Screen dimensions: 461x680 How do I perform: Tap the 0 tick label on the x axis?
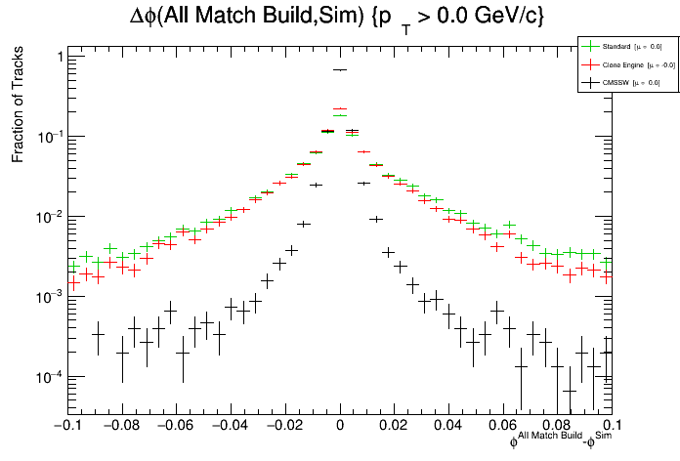[x=340, y=426]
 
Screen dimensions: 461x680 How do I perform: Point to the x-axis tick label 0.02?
[x=395, y=426]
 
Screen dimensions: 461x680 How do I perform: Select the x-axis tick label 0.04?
[x=449, y=426]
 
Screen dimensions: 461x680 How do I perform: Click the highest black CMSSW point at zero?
[x=340, y=70]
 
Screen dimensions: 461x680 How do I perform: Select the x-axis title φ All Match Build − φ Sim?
[x=561, y=441]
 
